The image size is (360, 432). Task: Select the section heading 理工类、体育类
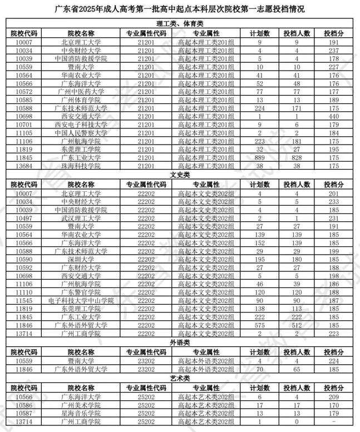pos(180,25)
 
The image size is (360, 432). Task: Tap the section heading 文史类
pos(180,175)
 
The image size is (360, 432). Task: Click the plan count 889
pos(259,158)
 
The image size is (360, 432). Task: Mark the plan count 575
pos(259,326)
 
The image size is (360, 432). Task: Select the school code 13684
pos(24,167)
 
